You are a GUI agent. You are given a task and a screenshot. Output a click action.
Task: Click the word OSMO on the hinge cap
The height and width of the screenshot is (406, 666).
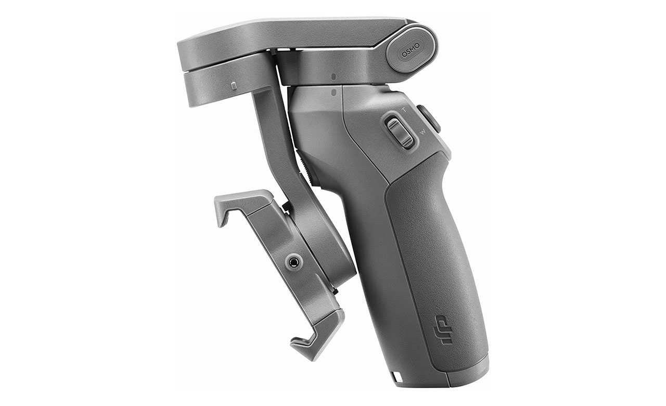click(411, 50)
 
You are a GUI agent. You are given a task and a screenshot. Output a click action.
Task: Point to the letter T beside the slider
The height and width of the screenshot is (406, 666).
click(403, 110)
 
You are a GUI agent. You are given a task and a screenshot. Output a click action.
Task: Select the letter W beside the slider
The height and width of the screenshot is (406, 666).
click(423, 132)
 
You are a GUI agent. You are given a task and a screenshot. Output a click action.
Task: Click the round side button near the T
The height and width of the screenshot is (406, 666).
click(428, 119)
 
